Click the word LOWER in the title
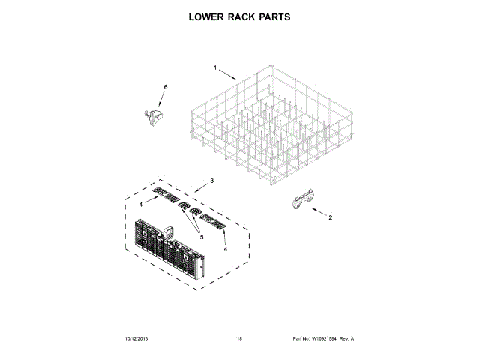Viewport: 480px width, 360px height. [207, 16]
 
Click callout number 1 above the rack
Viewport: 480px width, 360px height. [214, 68]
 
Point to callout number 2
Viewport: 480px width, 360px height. [328, 218]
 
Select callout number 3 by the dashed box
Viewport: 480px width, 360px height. [212, 181]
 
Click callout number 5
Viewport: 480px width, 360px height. [200, 237]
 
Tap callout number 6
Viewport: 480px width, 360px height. [166, 88]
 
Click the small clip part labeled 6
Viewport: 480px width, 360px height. [154, 115]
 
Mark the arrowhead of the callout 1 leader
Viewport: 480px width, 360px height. [235, 79]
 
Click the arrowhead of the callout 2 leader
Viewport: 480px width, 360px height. [305, 208]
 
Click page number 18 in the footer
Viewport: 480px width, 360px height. [240, 339]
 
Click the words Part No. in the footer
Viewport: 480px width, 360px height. [299, 339]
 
